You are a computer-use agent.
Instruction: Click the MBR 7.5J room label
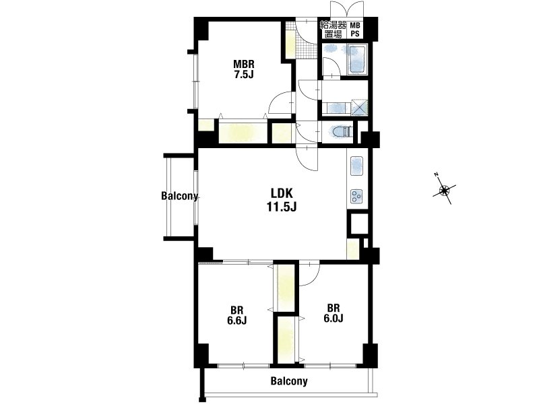point(244,69)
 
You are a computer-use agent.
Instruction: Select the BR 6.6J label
point(237,315)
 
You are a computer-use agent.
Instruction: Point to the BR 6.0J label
point(333,313)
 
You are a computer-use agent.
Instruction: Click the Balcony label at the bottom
point(289,380)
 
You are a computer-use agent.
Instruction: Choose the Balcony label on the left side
point(179,196)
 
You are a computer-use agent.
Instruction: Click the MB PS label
point(355,29)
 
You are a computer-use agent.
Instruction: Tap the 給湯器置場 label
point(333,29)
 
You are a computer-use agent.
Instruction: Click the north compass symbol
point(444,189)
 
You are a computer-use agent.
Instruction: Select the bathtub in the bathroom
point(358,59)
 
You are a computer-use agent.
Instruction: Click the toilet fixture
point(342,131)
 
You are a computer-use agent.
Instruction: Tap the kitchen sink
point(357,166)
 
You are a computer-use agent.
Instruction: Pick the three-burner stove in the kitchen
point(357,197)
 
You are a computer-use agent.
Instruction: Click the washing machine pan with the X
point(359,107)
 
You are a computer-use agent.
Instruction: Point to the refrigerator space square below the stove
point(358,224)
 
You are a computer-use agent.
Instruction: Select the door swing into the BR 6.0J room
point(310,274)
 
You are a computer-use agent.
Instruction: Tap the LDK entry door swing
point(307,158)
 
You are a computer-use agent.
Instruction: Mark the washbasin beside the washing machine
point(336,108)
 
